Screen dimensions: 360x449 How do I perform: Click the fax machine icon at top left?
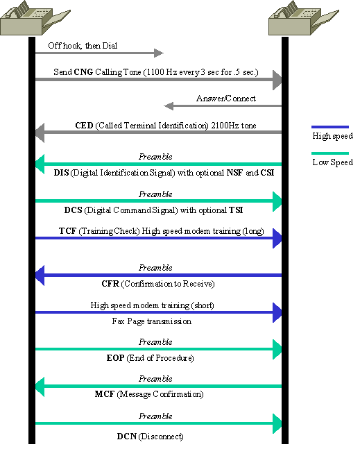(35, 18)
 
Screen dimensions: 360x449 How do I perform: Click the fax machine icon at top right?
(303, 18)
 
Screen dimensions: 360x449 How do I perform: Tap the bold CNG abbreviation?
(83, 72)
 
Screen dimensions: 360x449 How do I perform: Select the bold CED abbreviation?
(84, 126)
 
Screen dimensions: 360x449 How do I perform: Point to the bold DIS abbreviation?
(61, 173)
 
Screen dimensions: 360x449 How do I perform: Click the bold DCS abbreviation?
(74, 210)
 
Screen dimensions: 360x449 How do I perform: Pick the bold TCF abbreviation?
(67, 231)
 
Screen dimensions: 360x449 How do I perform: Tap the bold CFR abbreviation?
(110, 284)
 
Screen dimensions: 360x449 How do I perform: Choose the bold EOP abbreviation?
(115, 358)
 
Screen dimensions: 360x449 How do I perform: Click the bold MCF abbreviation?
(105, 394)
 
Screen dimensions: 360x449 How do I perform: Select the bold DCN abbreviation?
(127, 437)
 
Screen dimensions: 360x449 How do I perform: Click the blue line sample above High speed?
(330, 127)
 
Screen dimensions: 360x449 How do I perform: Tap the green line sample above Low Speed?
(330, 153)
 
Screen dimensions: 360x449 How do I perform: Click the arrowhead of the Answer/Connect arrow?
(169, 106)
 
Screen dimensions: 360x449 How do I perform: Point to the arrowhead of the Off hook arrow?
(159, 53)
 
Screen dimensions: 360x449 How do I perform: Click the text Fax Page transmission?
(152, 321)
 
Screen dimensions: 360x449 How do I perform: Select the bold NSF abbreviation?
(235, 173)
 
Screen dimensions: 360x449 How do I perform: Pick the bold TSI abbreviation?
(236, 210)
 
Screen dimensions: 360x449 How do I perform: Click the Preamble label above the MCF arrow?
(155, 379)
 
